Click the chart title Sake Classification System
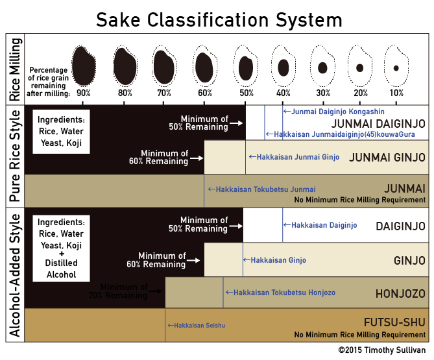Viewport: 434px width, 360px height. (219, 20)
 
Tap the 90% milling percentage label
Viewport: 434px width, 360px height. (84, 93)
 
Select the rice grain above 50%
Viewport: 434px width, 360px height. (246, 68)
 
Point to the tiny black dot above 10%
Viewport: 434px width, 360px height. (396, 68)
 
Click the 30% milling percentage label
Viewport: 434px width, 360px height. (323, 93)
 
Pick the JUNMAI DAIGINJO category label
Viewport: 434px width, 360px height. (378, 124)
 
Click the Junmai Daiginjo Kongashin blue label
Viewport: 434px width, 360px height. (334, 112)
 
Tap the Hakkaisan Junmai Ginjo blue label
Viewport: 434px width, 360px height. (295, 157)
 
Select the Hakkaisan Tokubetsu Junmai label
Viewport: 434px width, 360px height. (262, 189)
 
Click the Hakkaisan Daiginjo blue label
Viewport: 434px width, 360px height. (320, 225)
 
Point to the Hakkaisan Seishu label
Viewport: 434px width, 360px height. (197, 326)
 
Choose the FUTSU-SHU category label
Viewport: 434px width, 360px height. (394, 322)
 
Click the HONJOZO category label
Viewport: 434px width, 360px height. (400, 294)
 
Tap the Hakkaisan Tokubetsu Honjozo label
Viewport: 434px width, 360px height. (281, 293)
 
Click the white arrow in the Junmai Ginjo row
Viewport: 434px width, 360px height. (197, 158)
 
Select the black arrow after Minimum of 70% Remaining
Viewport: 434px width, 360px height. (155, 291)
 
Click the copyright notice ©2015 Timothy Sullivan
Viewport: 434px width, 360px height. (381, 350)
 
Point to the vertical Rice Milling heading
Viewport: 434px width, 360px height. (15, 69)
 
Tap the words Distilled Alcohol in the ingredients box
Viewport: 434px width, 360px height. (62, 269)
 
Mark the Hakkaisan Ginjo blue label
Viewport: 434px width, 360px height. (274, 260)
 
